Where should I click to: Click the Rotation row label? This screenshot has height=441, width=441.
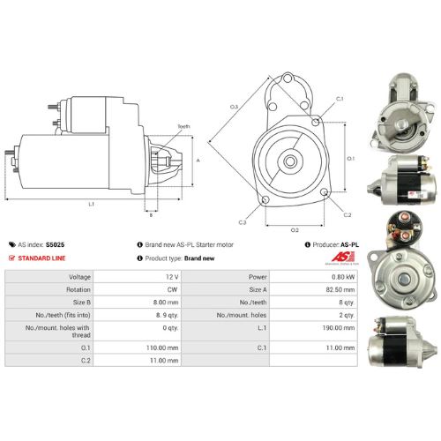pos(78,289)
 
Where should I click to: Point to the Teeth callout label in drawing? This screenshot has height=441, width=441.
pos(183,126)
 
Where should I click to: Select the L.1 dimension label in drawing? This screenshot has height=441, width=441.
pos(91,204)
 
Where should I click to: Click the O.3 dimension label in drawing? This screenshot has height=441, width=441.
pos(235,107)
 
